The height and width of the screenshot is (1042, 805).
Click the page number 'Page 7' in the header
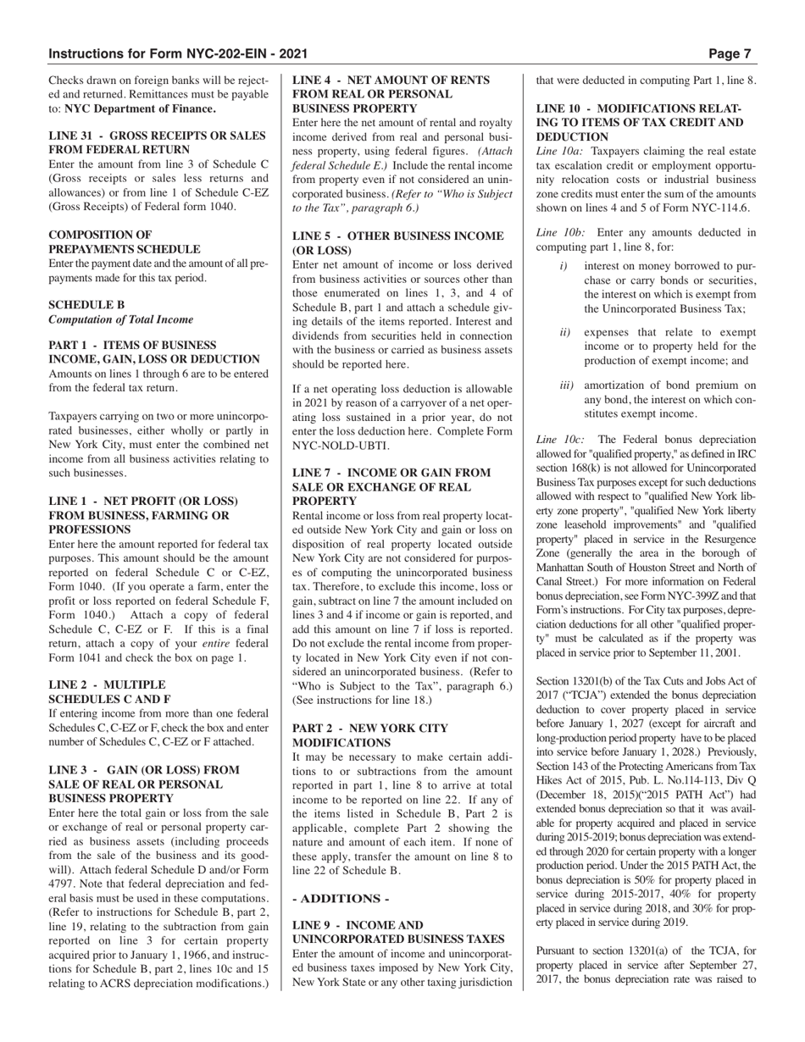pos(730,53)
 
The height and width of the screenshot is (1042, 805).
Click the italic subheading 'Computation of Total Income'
pos(121,319)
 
